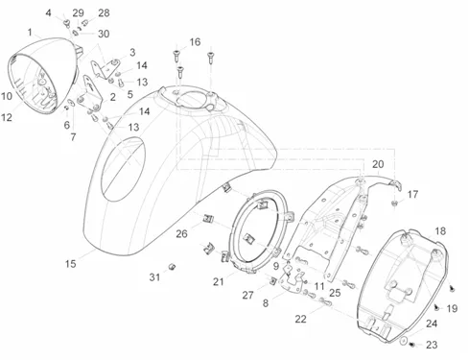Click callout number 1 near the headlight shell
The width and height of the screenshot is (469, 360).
click(x=30, y=33)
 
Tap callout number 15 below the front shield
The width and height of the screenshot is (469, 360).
click(x=71, y=264)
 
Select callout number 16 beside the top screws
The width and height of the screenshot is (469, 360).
click(x=195, y=42)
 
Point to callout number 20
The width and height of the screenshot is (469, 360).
click(x=378, y=164)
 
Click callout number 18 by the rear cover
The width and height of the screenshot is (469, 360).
click(x=440, y=231)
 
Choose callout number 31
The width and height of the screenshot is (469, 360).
click(x=154, y=277)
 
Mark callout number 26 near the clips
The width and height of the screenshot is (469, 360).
click(x=181, y=234)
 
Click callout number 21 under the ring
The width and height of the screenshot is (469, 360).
click(x=219, y=282)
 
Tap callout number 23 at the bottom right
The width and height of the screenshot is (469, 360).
click(x=432, y=345)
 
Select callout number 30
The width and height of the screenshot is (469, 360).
click(x=104, y=34)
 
